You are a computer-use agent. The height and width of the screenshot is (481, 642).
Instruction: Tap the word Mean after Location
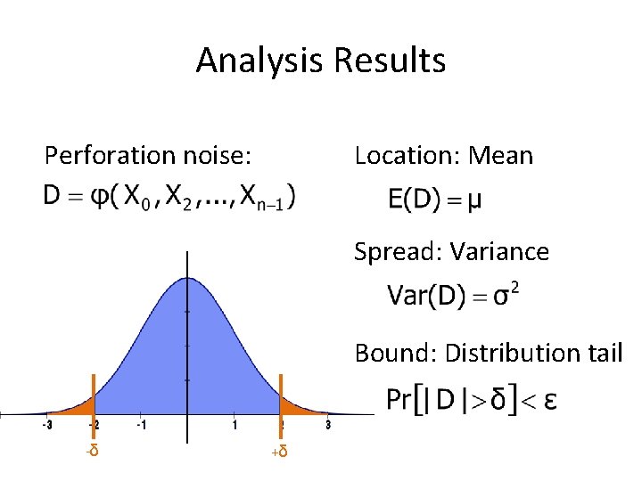click(x=500, y=156)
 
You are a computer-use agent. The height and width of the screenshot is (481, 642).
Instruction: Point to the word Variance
click(x=499, y=252)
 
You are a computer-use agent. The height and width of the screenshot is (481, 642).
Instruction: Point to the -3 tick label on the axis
click(x=47, y=425)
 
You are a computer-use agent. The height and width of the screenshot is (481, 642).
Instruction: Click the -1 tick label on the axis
click(x=140, y=425)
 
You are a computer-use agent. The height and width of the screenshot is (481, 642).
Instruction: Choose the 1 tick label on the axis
click(x=235, y=425)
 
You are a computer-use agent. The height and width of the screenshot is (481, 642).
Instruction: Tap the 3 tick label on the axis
click(x=328, y=425)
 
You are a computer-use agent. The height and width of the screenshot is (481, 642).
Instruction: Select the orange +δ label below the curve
click(x=280, y=452)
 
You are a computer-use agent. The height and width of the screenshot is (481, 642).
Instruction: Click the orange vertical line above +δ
click(x=281, y=396)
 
